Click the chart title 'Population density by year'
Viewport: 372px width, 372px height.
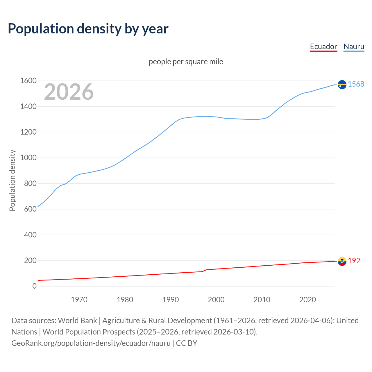pyautogui.click(x=88, y=29)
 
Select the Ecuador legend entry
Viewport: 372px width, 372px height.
pyautogui.click(x=323, y=46)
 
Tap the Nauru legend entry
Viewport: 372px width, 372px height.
pyautogui.click(x=354, y=46)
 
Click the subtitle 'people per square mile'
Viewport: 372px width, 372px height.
pyautogui.click(x=186, y=62)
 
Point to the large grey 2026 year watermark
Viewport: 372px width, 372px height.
pyautogui.click(x=69, y=92)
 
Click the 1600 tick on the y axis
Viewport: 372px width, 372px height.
pyautogui.click(x=28, y=81)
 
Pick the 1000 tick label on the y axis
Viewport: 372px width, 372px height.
pyautogui.click(x=28, y=158)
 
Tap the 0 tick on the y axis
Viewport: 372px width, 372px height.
pyautogui.click(x=34, y=286)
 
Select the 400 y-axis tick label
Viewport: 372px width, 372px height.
pyautogui.click(x=30, y=235)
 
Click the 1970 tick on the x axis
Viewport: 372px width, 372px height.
pyautogui.click(x=79, y=300)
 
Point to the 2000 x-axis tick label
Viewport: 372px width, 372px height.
pyautogui.click(x=216, y=300)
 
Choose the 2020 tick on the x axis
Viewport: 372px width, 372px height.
pyautogui.click(x=307, y=300)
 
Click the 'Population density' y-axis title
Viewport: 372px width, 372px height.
pyautogui.click(x=12, y=180)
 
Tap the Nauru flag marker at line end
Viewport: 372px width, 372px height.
pyautogui.click(x=342, y=85)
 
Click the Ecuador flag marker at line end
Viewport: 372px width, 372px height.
pyautogui.click(x=342, y=261)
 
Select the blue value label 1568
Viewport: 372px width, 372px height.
pyautogui.click(x=356, y=84)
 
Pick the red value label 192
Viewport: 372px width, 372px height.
pyautogui.click(x=354, y=261)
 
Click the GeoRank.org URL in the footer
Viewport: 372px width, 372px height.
pyautogui.click(x=91, y=343)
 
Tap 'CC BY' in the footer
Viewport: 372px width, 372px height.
pyautogui.click(x=187, y=343)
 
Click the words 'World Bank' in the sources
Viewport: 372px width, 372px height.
pyautogui.click(x=77, y=321)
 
